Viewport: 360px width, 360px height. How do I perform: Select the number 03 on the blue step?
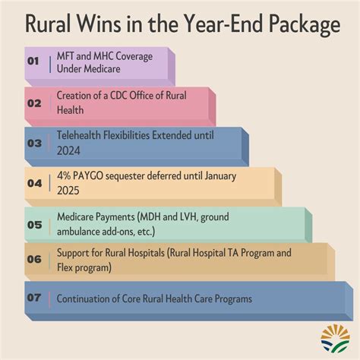click(33, 142)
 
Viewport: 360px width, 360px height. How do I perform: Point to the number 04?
click(34, 182)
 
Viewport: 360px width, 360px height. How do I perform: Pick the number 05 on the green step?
click(33, 223)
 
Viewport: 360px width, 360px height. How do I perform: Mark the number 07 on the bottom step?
click(33, 298)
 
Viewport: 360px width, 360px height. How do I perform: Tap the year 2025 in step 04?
click(68, 190)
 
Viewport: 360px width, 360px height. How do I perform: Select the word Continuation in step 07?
click(83, 298)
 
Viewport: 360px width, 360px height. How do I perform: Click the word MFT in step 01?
click(66, 55)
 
